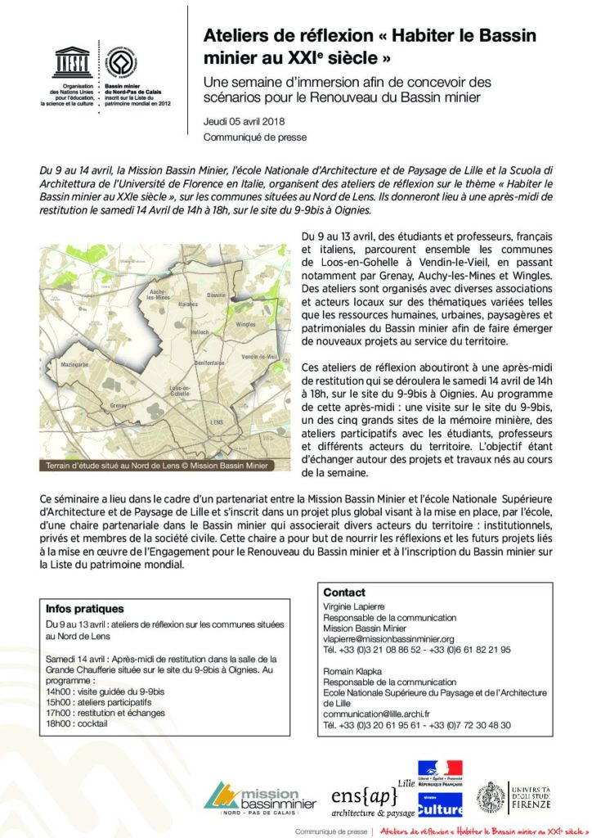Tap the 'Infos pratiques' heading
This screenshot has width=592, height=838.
click(x=86, y=609)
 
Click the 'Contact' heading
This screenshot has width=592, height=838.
click(x=343, y=592)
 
